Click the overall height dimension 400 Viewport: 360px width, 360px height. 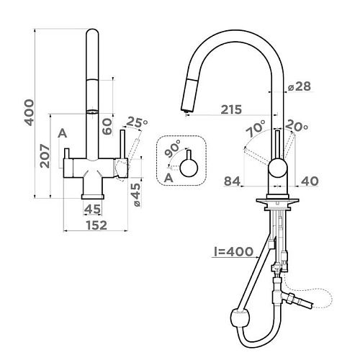tap(29, 112)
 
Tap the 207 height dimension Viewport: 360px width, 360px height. tap(45, 156)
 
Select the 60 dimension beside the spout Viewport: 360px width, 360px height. tap(107, 127)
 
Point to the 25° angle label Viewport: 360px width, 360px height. tap(137, 122)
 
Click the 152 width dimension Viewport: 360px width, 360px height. tap(96, 225)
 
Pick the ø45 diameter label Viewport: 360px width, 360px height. tap(136, 195)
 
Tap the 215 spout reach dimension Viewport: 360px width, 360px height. tap(231, 109)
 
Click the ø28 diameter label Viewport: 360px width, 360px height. tap(300, 86)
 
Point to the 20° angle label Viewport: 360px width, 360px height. tap(297, 126)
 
